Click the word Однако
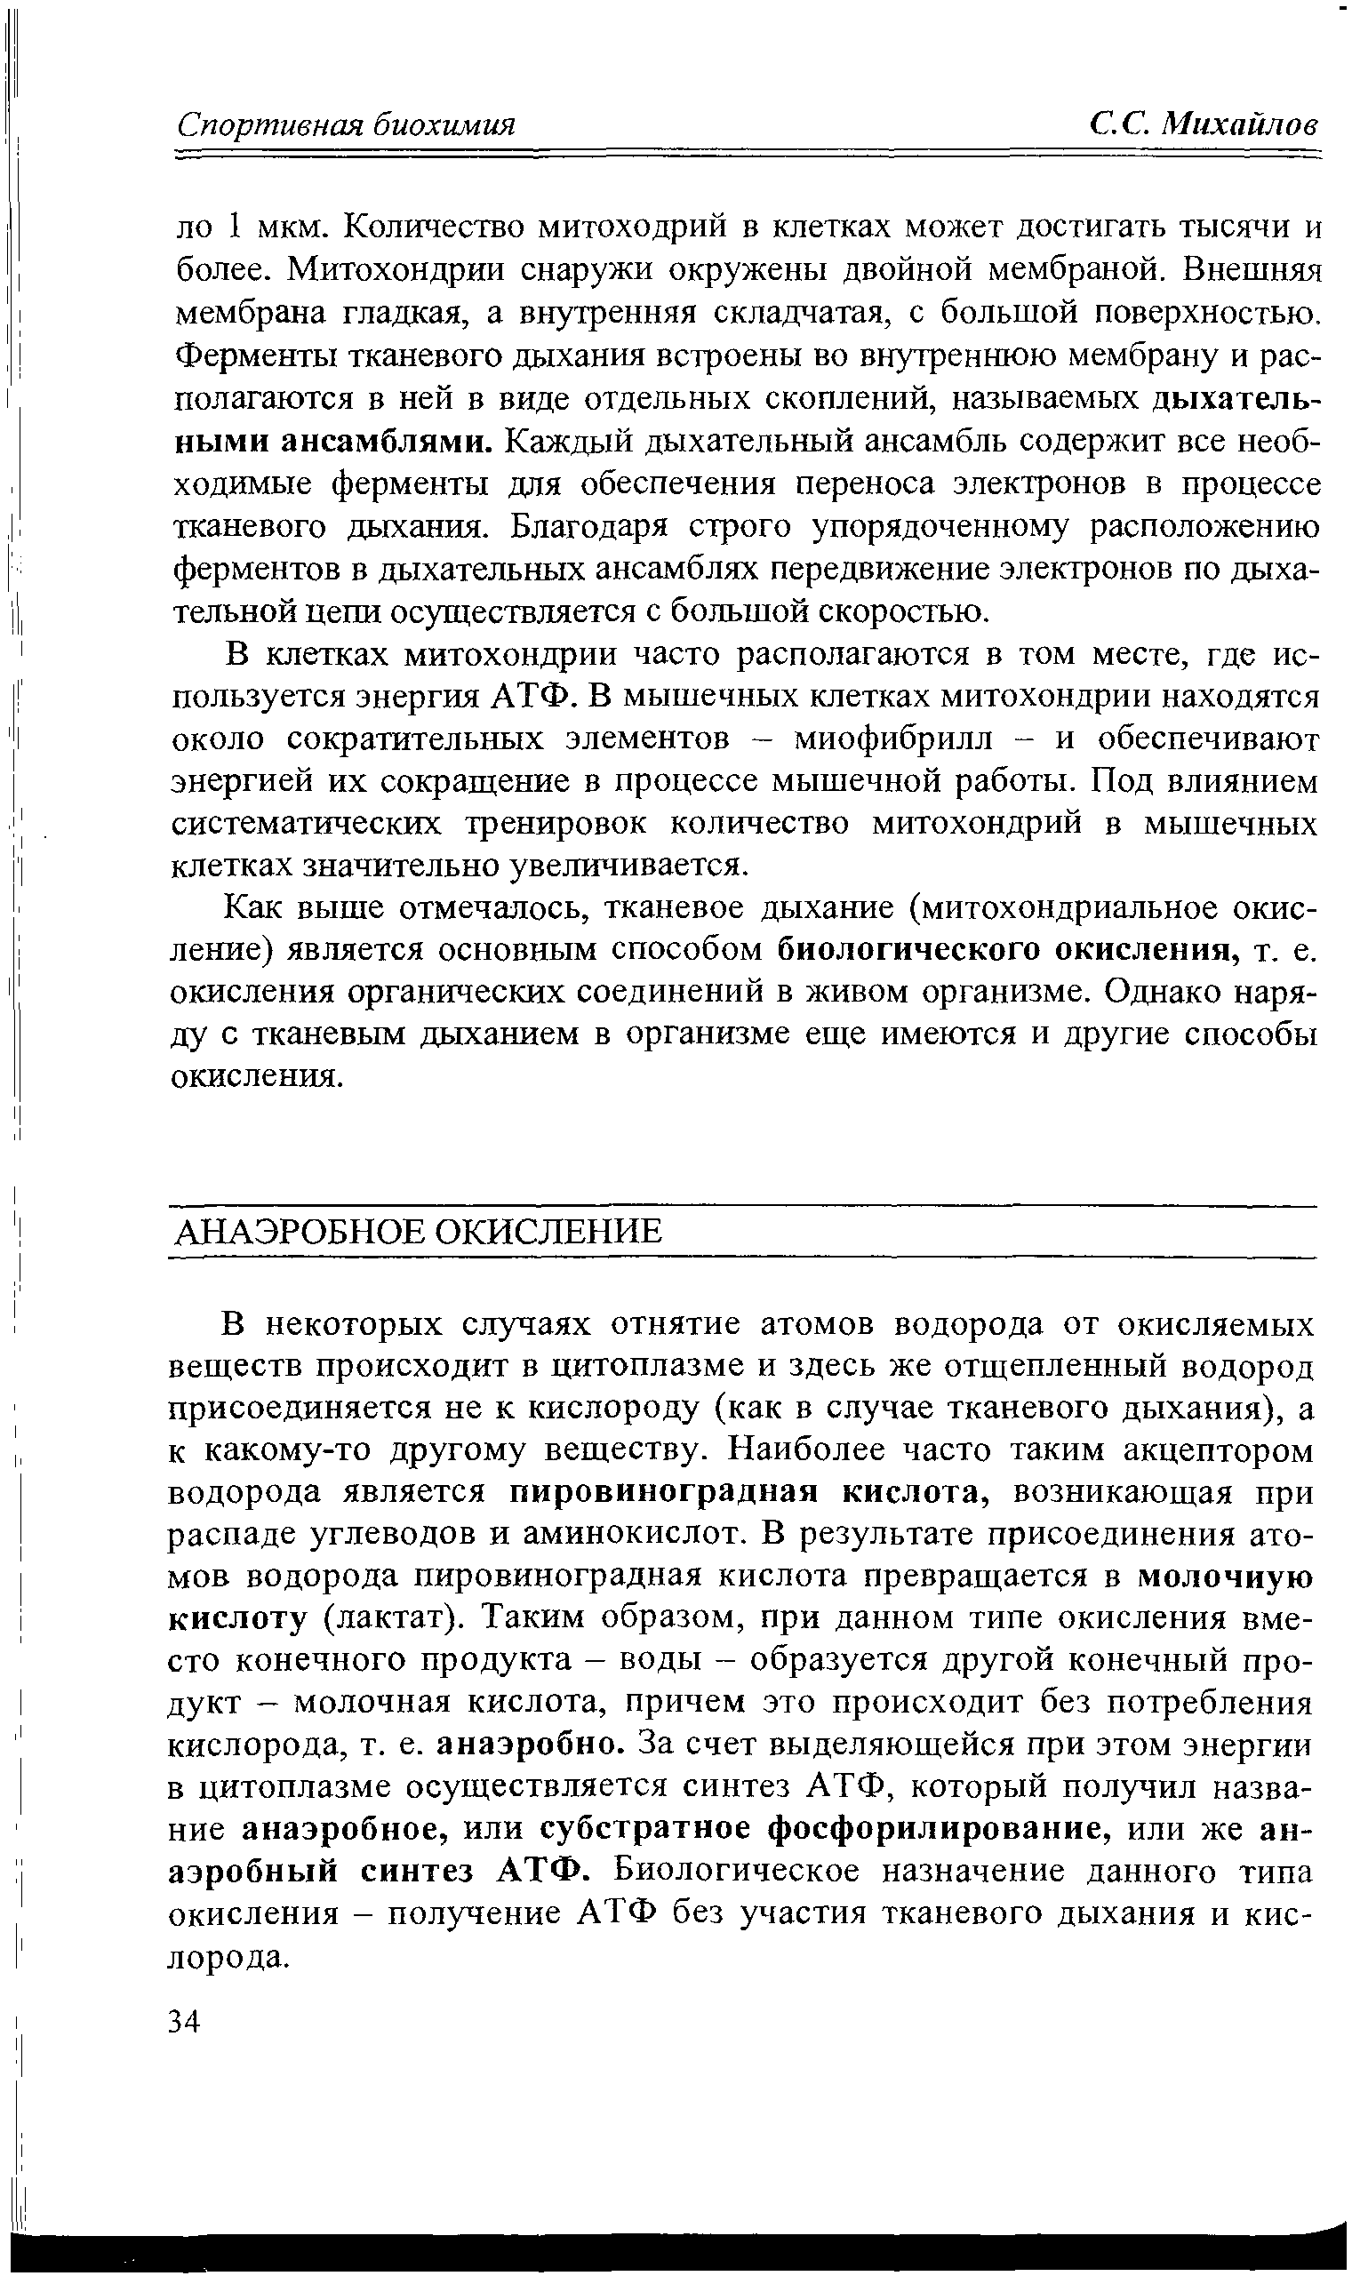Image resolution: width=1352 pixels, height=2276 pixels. coord(1162,992)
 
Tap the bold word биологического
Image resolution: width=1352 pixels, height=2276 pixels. coord(911,950)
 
